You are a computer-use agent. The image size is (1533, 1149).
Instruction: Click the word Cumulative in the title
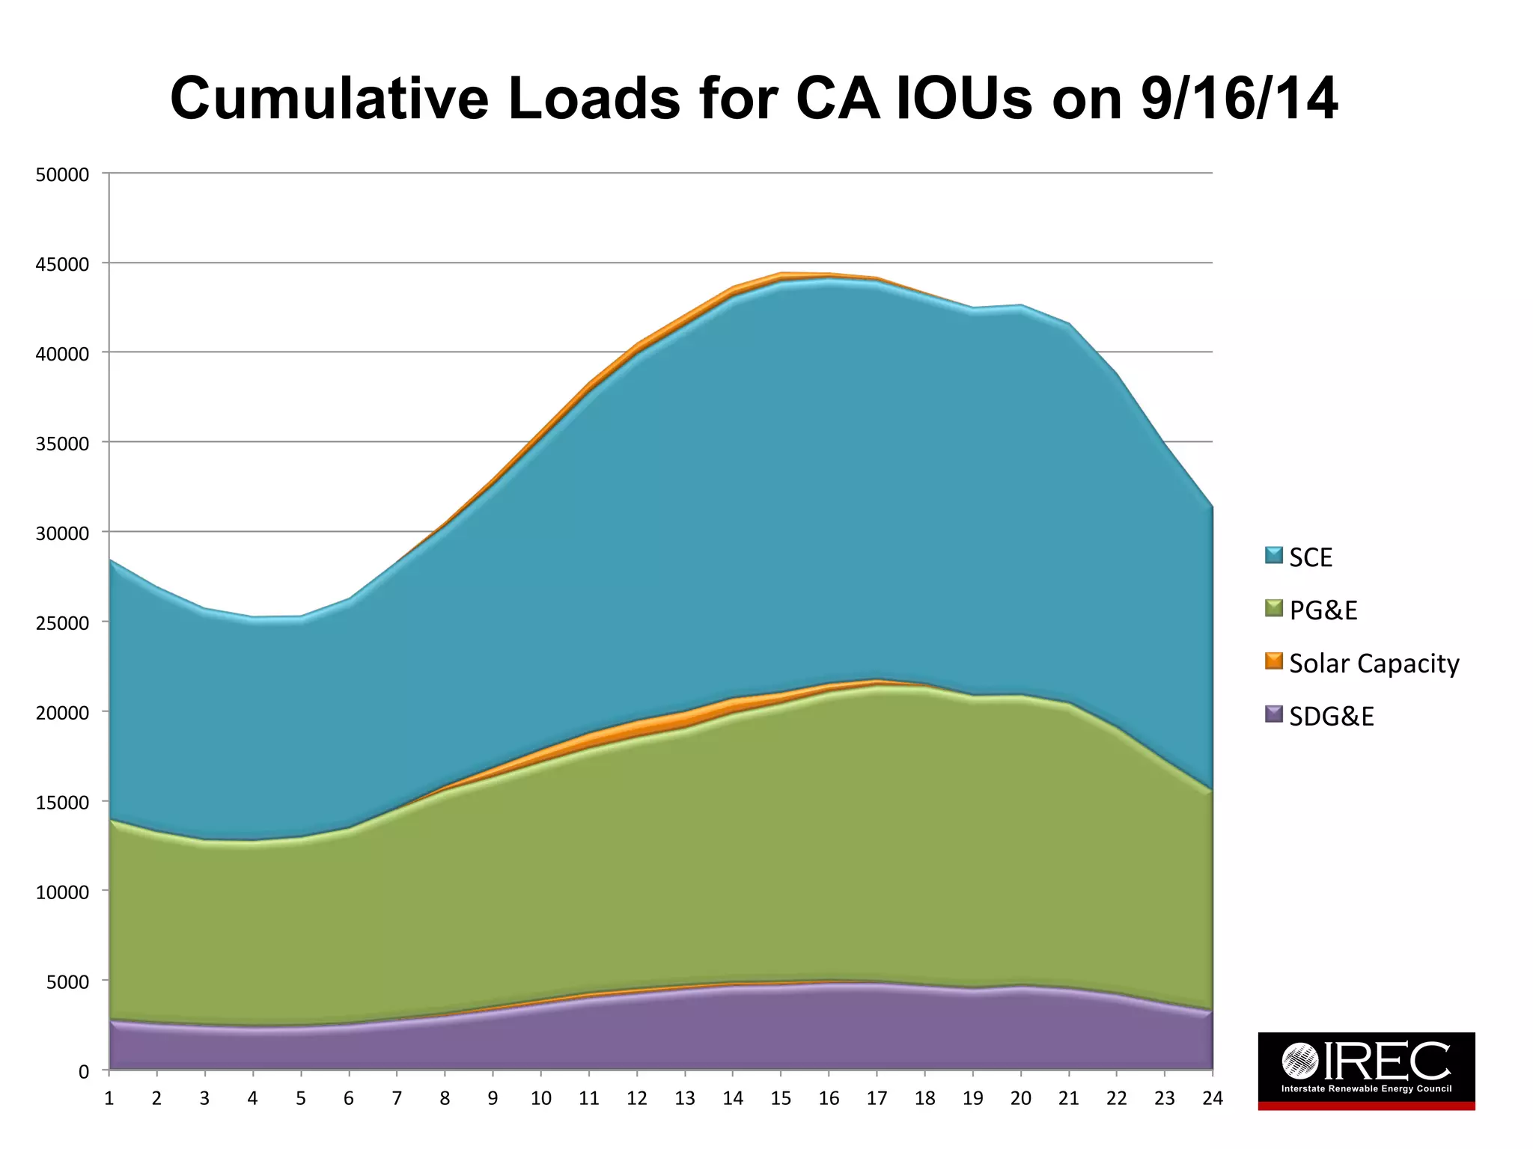point(329,99)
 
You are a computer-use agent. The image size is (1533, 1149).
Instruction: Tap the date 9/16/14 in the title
point(1239,99)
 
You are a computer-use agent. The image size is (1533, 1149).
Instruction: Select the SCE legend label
point(1311,558)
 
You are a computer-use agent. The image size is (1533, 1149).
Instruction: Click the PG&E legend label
point(1323,610)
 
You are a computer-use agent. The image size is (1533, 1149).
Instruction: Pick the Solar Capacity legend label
point(1374,664)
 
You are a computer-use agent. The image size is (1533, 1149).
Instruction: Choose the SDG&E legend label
point(1331,717)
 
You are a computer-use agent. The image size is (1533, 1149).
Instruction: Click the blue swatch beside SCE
point(1274,555)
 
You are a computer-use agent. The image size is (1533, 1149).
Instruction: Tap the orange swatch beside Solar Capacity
point(1274,661)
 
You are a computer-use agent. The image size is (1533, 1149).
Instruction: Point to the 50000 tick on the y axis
point(62,175)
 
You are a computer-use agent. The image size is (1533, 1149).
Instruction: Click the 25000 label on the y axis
point(62,623)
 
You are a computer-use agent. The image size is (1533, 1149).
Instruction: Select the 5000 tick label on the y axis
point(67,982)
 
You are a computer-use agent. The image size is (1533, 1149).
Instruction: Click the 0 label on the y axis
point(84,1072)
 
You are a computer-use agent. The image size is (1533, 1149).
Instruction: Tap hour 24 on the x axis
point(1212,1098)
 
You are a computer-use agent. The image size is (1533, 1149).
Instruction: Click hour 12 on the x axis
point(636,1098)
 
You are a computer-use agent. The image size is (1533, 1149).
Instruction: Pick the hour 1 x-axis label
point(109,1098)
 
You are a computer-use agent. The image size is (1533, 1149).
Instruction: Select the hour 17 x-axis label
point(877,1098)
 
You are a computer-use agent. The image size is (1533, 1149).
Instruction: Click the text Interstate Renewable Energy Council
point(1366,1088)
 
